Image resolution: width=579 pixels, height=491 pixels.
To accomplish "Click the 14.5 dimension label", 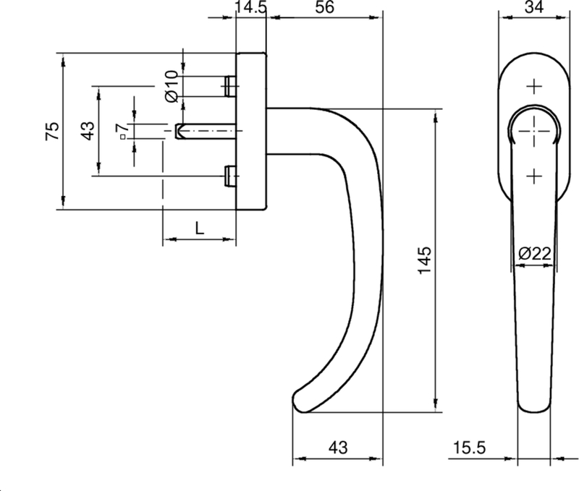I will (x=251, y=9).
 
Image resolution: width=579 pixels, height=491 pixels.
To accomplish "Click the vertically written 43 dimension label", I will (x=86, y=131).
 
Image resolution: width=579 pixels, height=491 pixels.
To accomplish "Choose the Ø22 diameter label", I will (x=535, y=253).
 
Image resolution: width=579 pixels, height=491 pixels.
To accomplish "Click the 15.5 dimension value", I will (x=469, y=448).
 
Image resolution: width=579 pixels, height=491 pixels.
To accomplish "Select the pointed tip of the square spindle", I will (x=178, y=131).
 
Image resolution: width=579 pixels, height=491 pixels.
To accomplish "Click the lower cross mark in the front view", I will (x=533, y=176).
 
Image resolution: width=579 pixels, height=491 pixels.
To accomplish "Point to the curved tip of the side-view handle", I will (x=299, y=399).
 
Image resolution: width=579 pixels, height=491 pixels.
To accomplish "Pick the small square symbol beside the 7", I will (x=123, y=136).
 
